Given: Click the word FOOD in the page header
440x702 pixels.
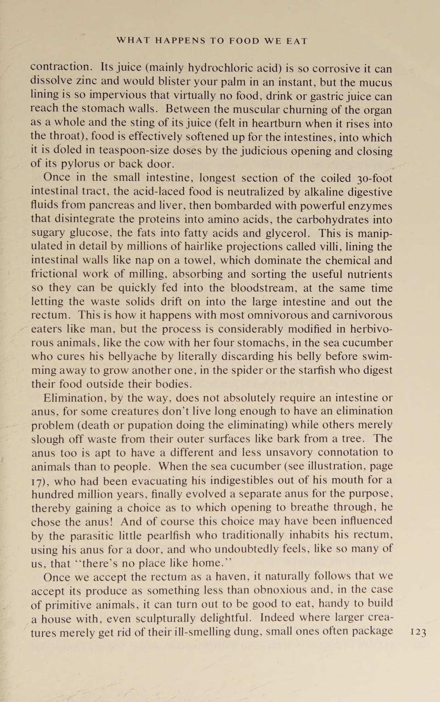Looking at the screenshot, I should tap(244, 41).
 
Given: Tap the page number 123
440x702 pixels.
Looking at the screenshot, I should tap(418, 632).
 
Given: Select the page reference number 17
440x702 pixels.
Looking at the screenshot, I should tap(39, 481).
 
